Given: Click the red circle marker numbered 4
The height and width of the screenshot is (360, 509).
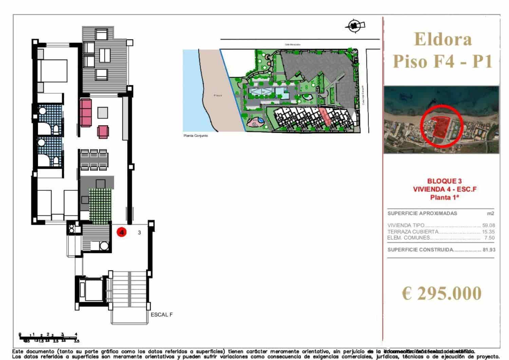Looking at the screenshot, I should pyautogui.click(x=121, y=232).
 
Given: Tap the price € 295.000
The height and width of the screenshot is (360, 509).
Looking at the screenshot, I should pyautogui.click(x=441, y=293).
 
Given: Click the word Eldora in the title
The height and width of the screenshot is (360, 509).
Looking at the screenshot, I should pyautogui.click(x=443, y=39).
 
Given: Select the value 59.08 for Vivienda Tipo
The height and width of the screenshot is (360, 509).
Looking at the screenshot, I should pyautogui.click(x=488, y=225).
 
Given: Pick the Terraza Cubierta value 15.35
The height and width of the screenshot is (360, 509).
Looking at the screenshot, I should pyautogui.click(x=488, y=232).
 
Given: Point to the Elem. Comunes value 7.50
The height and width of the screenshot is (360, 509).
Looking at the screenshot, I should pyautogui.click(x=489, y=238).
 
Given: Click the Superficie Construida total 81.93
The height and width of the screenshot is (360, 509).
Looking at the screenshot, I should pyautogui.click(x=489, y=250).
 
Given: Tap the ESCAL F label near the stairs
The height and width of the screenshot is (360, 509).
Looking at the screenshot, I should pyautogui.click(x=162, y=315).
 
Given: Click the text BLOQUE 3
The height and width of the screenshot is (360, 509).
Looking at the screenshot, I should pyautogui.click(x=444, y=181).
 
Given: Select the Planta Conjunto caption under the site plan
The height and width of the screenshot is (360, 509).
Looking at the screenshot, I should pyautogui.click(x=195, y=136).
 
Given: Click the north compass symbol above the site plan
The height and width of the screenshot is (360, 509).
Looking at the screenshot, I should pyautogui.click(x=355, y=25).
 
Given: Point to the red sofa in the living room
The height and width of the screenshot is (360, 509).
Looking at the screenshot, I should pyautogui.click(x=86, y=112).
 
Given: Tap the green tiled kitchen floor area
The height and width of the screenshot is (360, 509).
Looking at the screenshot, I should pyautogui.click(x=100, y=206).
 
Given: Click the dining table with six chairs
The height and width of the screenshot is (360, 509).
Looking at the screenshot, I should pyautogui.click(x=94, y=160).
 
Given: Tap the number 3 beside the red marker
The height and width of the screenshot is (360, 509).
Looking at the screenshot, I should pyautogui.click(x=139, y=233).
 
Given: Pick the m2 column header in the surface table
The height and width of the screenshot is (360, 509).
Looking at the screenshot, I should pyautogui.click(x=490, y=214).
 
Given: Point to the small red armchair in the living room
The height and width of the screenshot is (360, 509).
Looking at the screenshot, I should pyautogui.click(x=103, y=132).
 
